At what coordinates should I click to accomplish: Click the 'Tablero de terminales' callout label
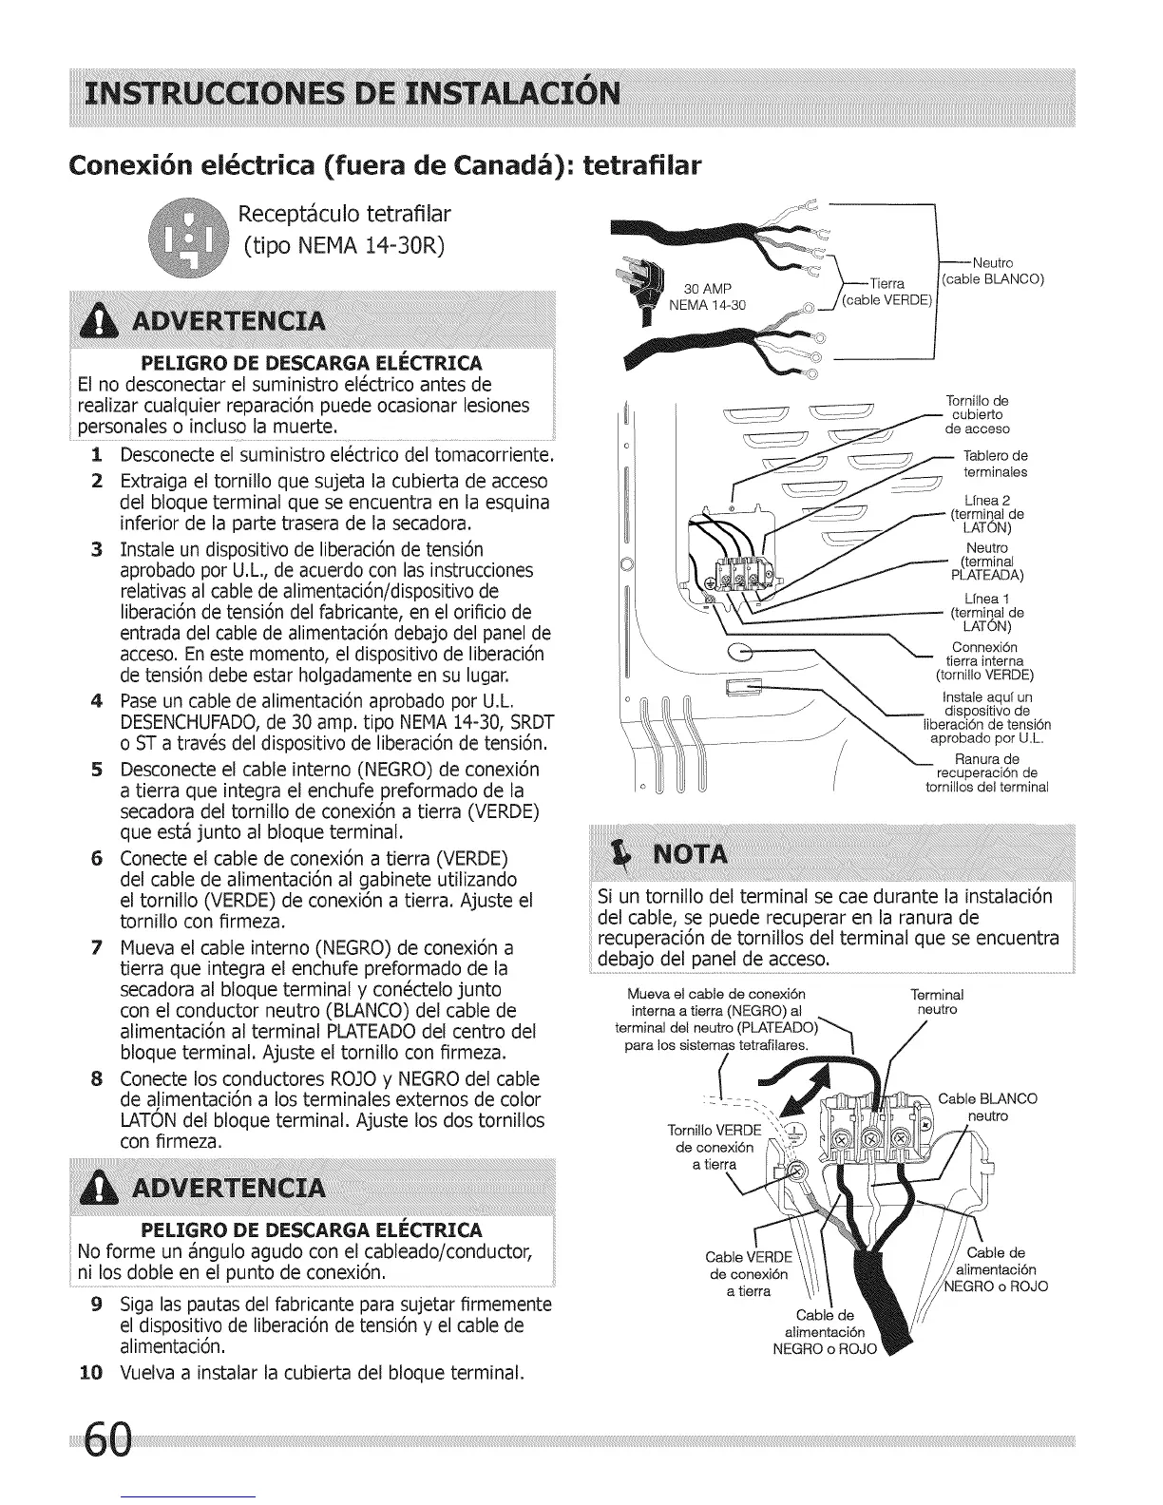[x=995, y=464]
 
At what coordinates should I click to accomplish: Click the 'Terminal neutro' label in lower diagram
[x=936, y=1001]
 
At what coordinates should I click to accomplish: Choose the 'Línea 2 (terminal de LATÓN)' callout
[x=986, y=514]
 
